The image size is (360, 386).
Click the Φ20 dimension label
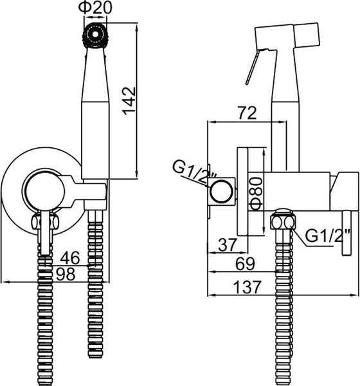click(95, 8)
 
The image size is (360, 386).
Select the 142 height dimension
click(129, 101)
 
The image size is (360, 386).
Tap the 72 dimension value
click(247, 113)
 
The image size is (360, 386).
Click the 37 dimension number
click(228, 244)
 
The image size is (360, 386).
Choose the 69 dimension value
click(246, 264)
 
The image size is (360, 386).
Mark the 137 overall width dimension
click(247, 287)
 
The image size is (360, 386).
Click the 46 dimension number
click(70, 258)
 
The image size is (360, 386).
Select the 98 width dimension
click(66, 274)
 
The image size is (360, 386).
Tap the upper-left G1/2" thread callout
click(194, 172)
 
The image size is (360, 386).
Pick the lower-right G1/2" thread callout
click(327, 235)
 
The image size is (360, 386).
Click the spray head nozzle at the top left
click(95, 35)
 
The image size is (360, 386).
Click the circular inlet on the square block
click(221, 192)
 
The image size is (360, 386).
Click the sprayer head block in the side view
click(287, 36)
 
